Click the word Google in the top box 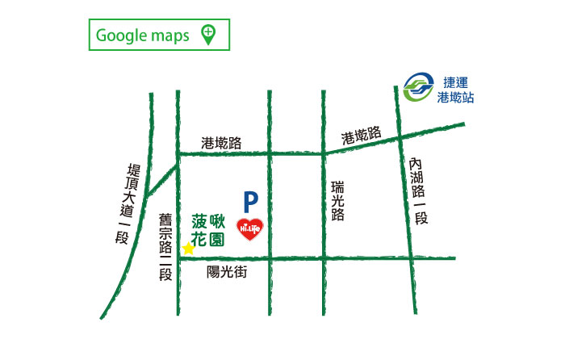(x=120, y=36)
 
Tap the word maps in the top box (x=169, y=36)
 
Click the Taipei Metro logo (x=420, y=86)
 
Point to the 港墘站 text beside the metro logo (x=455, y=97)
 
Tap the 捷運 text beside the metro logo (x=456, y=82)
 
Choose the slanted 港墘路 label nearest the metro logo (x=361, y=136)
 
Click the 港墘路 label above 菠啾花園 (x=221, y=143)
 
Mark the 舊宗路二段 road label (x=165, y=246)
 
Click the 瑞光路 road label (x=337, y=201)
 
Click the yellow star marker (x=188, y=249)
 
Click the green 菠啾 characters (x=207, y=220)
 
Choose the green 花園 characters (x=207, y=240)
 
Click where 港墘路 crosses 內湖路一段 (x=400, y=140)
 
